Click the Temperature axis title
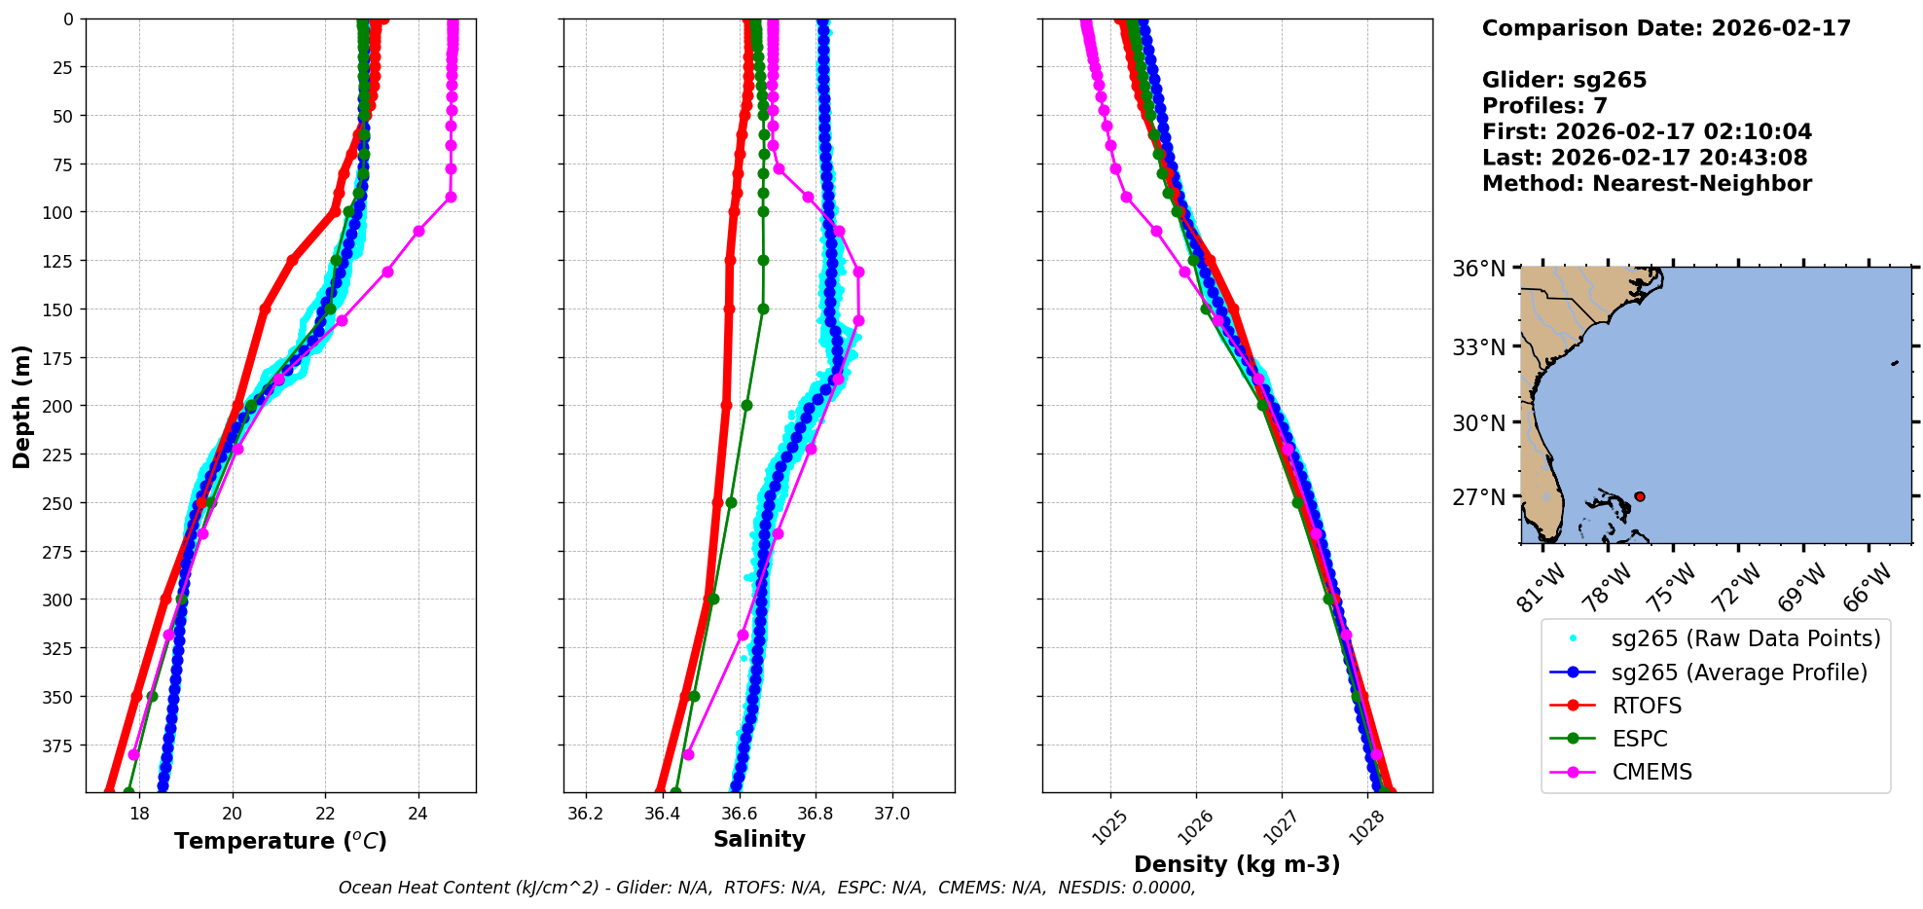click(x=280, y=841)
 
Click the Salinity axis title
click(x=759, y=839)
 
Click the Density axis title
click(x=1237, y=864)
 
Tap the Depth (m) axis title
click(x=21, y=406)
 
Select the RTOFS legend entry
click(x=1647, y=706)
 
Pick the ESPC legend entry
click(x=1640, y=739)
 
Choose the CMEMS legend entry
click(x=1651, y=772)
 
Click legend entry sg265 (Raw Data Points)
click(x=1746, y=638)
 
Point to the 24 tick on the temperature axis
click(x=418, y=814)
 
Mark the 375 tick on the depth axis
click(x=61, y=745)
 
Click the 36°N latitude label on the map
click(x=1478, y=269)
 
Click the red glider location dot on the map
click(x=1640, y=496)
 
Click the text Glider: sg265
click(x=1564, y=80)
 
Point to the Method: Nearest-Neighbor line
click(x=1647, y=183)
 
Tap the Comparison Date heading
click(x=1666, y=28)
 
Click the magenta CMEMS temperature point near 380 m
click(x=134, y=755)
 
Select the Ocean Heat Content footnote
click(x=767, y=888)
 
